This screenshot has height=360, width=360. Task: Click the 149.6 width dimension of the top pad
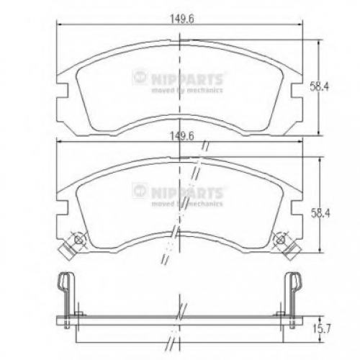181,19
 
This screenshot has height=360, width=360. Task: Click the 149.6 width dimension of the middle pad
181,136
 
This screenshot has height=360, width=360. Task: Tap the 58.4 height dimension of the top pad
319,86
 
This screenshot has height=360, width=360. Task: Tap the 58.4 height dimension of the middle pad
320,213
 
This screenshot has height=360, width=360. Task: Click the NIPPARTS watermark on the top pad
178,79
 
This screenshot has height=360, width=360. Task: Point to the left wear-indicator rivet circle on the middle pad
78,239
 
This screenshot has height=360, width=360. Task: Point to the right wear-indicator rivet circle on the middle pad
280,239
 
